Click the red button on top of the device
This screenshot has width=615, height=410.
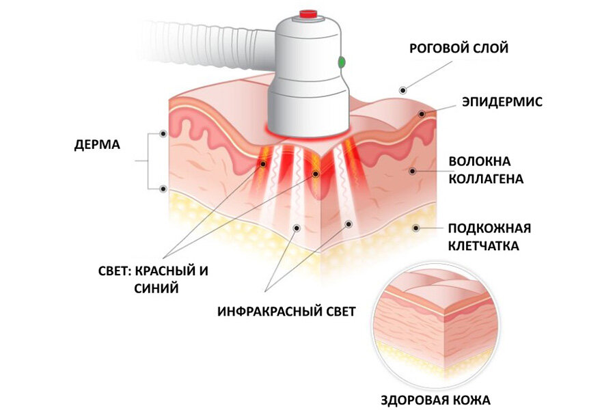pyautogui.click(x=308, y=14)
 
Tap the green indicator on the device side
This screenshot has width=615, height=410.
pyautogui.click(x=342, y=62)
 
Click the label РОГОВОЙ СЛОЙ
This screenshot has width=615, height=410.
pyautogui.click(x=459, y=49)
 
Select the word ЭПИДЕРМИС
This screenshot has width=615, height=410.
pyautogui.click(x=502, y=102)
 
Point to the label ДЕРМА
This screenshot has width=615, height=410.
pyautogui.click(x=97, y=145)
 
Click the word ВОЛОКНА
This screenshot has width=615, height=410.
pyautogui.click(x=480, y=161)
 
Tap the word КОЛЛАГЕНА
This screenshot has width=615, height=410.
pyautogui.click(x=486, y=179)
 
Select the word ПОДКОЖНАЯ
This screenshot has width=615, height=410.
pyautogui.click(x=489, y=228)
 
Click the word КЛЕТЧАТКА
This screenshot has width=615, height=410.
pyautogui.click(x=484, y=246)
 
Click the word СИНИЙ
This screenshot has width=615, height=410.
pyautogui.click(x=156, y=288)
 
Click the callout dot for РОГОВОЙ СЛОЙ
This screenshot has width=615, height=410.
pyautogui.click(x=402, y=90)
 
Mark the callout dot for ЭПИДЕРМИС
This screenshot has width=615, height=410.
pyautogui.click(x=422, y=114)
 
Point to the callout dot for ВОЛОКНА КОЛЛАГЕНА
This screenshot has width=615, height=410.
pyautogui.click(x=412, y=171)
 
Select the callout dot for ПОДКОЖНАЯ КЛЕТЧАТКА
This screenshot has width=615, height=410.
pyautogui.click(x=415, y=228)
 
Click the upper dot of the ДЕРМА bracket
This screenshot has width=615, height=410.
pyautogui.click(x=163, y=134)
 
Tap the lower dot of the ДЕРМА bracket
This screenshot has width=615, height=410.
pyautogui.click(x=163, y=189)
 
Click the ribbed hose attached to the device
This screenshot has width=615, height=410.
pyautogui.click(x=204, y=43)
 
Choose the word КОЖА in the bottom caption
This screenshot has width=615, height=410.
pyautogui.click(x=476, y=400)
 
